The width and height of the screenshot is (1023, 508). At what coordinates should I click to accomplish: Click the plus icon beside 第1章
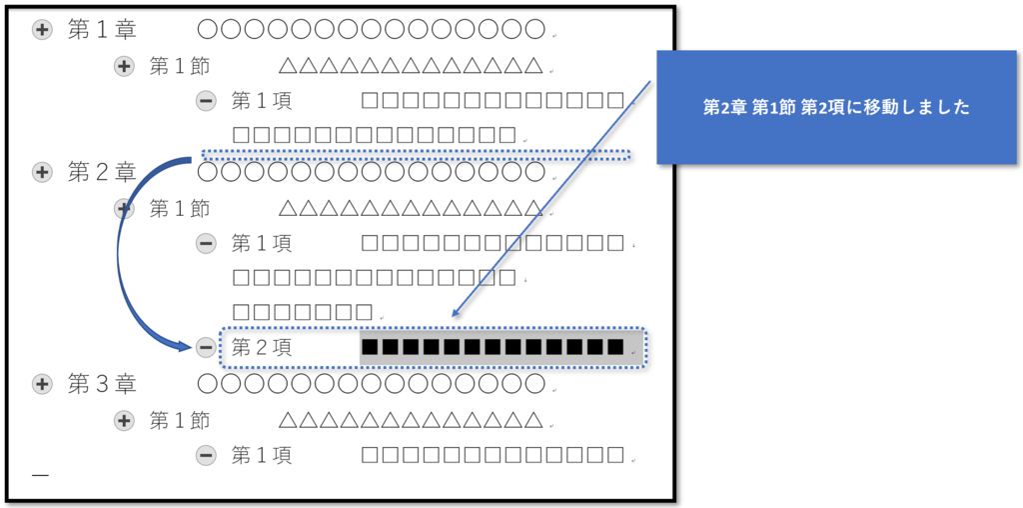pos(42,30)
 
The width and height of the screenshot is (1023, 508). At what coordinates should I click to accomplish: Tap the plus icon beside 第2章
pos(42,172)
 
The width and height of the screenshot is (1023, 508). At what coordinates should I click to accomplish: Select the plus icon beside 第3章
pos(42,385)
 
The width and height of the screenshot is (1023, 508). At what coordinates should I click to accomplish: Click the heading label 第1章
pos(102,30)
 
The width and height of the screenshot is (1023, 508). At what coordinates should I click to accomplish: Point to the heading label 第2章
pos(102,172)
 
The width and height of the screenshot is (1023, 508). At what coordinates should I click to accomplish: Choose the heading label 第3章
pos(102,385)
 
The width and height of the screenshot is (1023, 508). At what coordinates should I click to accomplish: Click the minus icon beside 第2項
pos(206,348)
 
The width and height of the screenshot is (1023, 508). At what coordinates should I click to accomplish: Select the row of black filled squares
pos(493,347)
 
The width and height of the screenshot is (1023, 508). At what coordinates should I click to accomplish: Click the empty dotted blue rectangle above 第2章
pos(417,155)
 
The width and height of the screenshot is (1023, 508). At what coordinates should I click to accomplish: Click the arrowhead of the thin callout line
pos(453,314)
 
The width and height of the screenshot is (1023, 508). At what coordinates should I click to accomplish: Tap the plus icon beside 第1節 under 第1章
pos(124,66)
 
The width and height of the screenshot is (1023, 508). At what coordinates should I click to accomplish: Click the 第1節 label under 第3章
pos(180,421)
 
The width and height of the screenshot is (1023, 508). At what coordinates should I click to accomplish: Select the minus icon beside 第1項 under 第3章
pos(206,455)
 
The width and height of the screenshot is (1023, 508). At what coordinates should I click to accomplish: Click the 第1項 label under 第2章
pos(262,244)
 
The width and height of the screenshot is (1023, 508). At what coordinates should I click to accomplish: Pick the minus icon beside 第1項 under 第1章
pos(206,101)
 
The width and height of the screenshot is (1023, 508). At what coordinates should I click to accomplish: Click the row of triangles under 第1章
pos(411,66)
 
